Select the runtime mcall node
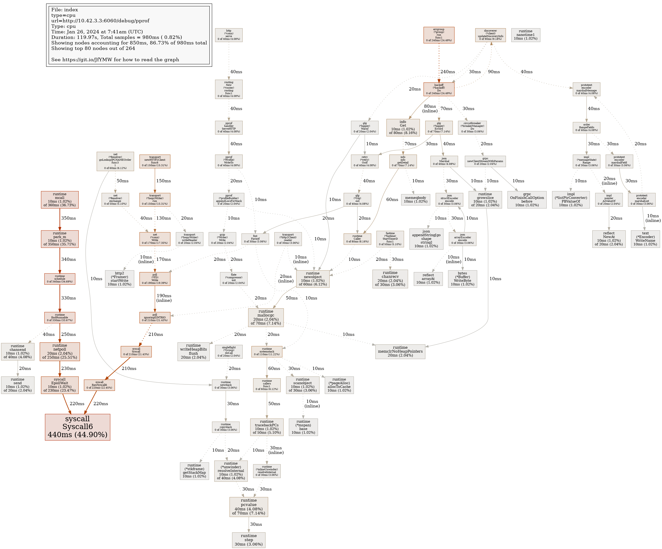pyautogui.click(x=60, y=200)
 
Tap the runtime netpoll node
pyautogui.click(x=60, y=351)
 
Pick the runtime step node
pyautogui.click(x=249, y=540)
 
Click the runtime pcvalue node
pyautogui.click(x=249, y=506)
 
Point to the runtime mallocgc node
pyautogui.click(x=266, y=317)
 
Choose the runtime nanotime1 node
pyautogui.click(x=526, y=35)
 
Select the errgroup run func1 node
pyautogui.click(x=439, y=35)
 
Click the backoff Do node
pyautogui.click(x=439, y=89)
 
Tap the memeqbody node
pyautogui.click(x=416, y=199)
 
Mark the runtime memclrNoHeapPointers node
pyautogui.click(x=400, y=351)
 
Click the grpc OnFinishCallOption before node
pyautogui.click(x=527, y=200)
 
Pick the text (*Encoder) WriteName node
pyautogui.click(x=645, y=239)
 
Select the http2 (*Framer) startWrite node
pyautogui.click(x=119, y=279)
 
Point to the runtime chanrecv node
pyautogui.click(x=390, y=279)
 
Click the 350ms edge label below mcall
pyautogui.click(x=68, y=218)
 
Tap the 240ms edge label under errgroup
pyautogui.click(x=448, y=72)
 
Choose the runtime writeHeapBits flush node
pyautogui.click(x=193, y=351)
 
